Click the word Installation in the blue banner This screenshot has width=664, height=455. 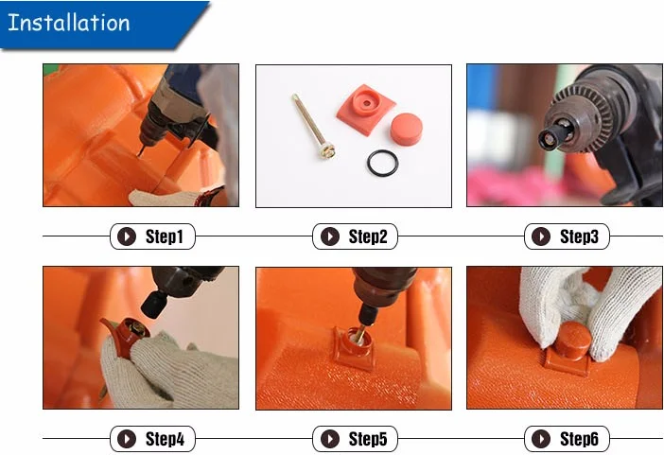pos(69,23)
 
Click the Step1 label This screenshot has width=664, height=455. pos(165,236)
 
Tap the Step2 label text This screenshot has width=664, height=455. pos(368,236)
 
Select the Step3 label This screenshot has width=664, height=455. pos(579,236)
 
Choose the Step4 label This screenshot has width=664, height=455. pos(165,439)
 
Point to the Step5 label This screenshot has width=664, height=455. pos(368,439)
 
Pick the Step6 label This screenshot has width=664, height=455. pos(579,439)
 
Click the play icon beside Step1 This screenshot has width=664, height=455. pos(127,236)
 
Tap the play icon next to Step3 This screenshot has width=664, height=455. pos(541,236)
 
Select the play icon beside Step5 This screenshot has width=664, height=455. pos(330,439)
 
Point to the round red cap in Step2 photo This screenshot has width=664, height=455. pos(406,129)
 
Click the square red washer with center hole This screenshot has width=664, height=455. pos(365,109)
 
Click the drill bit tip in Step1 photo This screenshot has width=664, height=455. pos(139,154)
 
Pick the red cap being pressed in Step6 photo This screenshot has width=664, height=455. pos(572,341)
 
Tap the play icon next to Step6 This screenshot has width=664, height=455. pos(541,439)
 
